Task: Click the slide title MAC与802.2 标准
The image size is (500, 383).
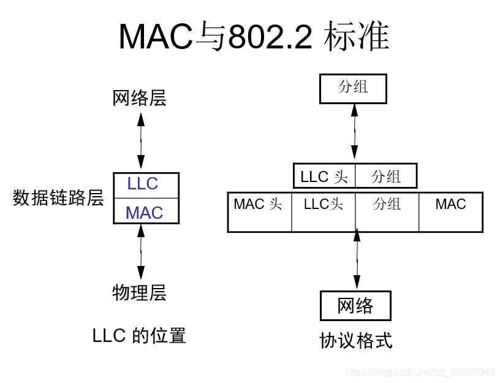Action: click(x=254, y=37)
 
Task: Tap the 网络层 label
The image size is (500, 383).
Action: click(x=140, y=98)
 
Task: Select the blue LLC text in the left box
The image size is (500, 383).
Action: click(x=143, y=184)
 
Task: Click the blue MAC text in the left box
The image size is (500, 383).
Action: click(x=145, y=213)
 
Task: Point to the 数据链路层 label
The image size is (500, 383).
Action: click(x=58, y=198)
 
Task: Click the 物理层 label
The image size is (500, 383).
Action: click(x=140, y=293)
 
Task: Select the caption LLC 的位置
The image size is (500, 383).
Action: click(x=139, y=336)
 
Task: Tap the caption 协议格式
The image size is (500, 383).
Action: click(x=355, y=340)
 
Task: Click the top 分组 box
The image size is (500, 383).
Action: click(x=353, y=88)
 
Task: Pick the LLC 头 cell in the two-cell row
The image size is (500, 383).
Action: click(x=324, y=176)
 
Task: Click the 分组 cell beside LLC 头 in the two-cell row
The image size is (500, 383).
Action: click(x=386, y=176)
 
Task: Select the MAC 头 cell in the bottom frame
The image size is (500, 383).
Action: click(x=259, y=211)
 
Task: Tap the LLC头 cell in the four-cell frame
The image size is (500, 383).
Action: click(x=324, y=211)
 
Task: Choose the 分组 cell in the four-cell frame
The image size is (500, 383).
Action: click(x=387, y=211)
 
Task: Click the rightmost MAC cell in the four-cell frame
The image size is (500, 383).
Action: click(x=451, y=211)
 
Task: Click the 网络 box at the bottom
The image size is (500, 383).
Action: click(x=355, y=305)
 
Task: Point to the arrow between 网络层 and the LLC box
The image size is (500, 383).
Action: click(x=141, y=142)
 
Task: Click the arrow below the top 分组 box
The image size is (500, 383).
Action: click(x=354, y=133)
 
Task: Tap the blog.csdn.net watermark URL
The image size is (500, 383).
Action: click(x=420, y=372)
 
